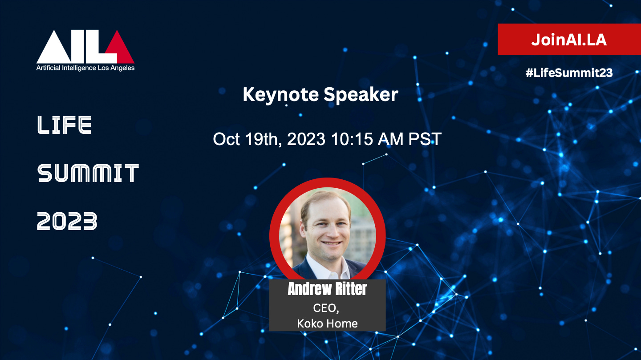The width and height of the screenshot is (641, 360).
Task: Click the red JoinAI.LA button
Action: tap(569, 40)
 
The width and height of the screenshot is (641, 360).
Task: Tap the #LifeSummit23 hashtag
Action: tap(569, 73)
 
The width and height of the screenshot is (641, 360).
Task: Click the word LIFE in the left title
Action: tap(65, 125)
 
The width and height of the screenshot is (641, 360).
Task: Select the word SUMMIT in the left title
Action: tap(88, 173)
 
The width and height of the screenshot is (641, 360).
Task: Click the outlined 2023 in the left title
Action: tap(67, 221)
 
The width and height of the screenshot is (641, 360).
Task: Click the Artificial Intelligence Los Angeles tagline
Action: tap(85, 68)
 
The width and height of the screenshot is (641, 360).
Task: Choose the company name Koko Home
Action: tap(327, 323)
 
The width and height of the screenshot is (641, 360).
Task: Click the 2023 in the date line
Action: tap(306, 139)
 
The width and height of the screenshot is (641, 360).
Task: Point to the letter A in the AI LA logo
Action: tap(53, 48)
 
